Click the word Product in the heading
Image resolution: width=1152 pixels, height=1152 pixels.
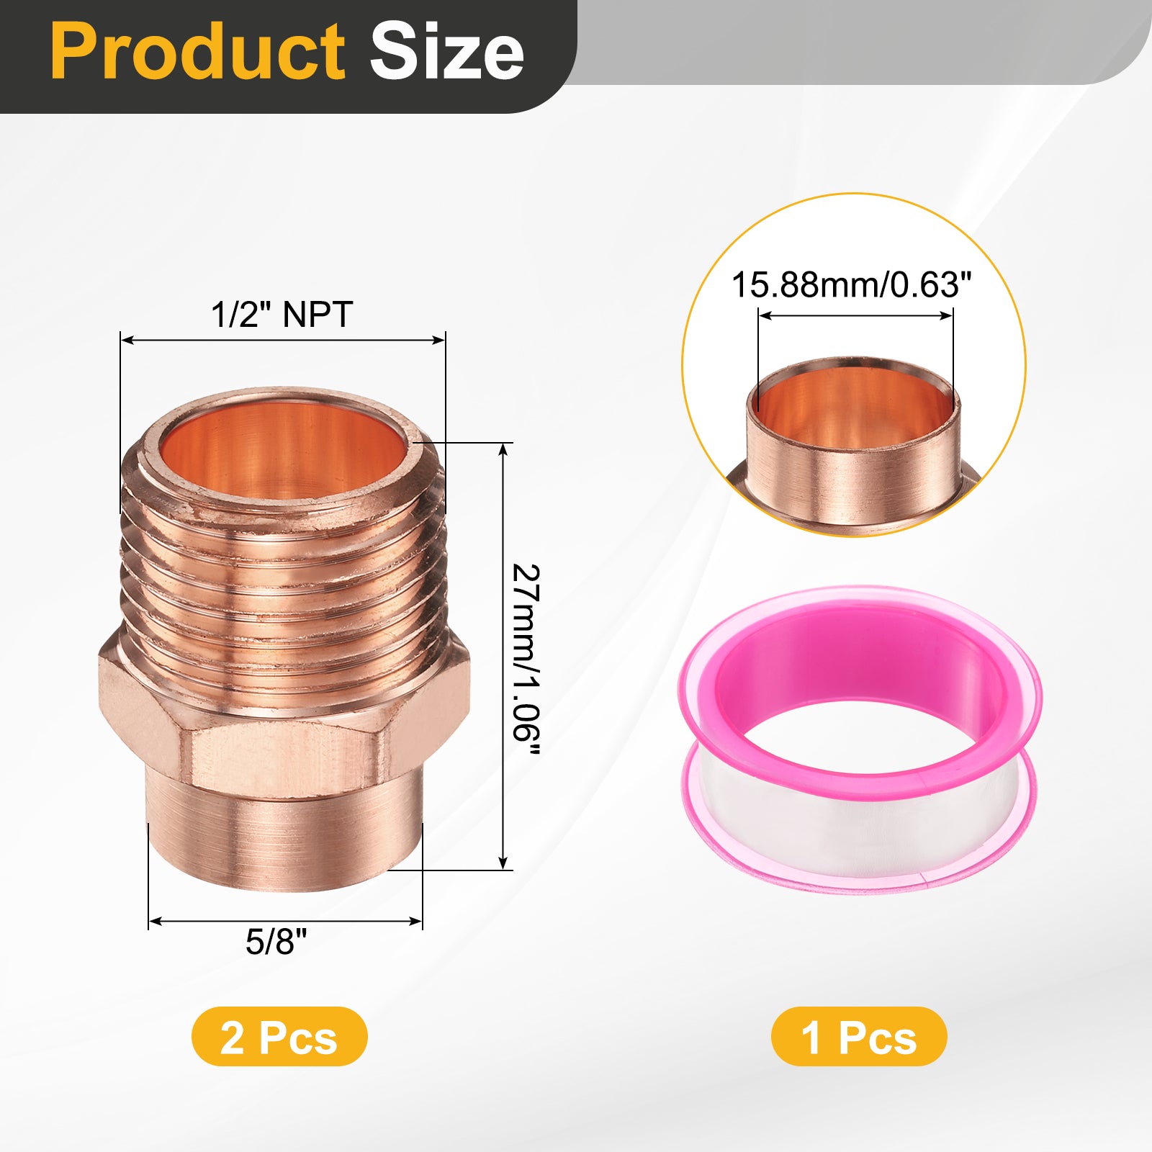[198, 52]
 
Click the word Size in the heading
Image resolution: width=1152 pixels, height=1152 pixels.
[447, 52]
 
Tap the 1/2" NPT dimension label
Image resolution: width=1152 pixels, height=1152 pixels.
[282, 315]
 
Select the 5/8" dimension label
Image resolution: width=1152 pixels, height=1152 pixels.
[276, 941]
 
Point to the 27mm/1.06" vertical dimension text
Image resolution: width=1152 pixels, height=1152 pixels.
[526, 660]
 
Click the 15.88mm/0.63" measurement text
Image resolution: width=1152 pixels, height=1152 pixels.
[852, 284]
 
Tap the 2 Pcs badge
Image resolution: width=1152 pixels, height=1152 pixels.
[279, 1037]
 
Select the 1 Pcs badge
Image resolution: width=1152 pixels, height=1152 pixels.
[859, 1037]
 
